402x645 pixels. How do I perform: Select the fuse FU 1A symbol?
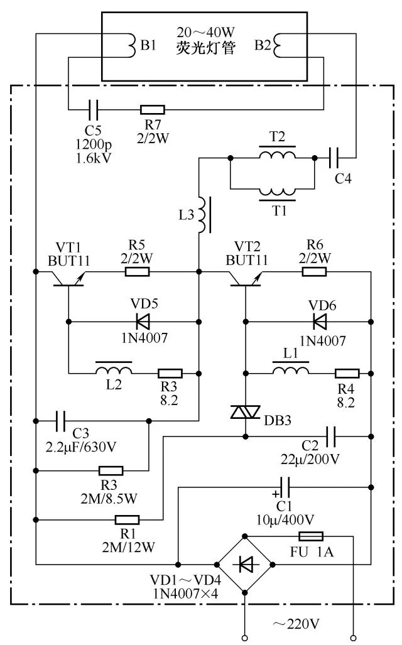click(311, 536)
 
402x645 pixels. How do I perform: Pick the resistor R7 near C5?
click(153, 109)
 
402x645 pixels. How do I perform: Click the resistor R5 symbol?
click(137, 272)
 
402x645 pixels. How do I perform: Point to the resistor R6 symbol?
click(314, 272)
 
